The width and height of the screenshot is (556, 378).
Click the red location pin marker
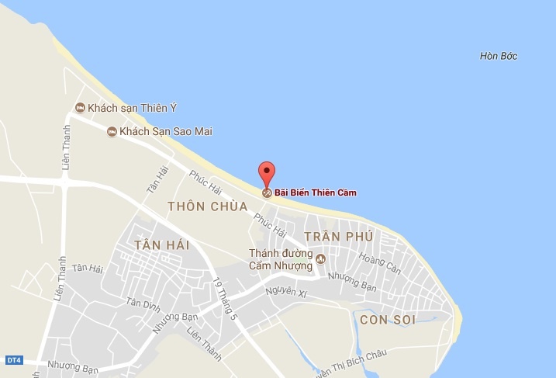[x=266, y=172]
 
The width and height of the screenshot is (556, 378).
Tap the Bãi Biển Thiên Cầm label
[x=316, y=192]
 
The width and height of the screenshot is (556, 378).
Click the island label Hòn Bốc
[x=499, y=56]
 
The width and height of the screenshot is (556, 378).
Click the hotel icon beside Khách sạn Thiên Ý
[x=79, y=107]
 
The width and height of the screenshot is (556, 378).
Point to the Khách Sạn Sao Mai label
[x=166, y=132]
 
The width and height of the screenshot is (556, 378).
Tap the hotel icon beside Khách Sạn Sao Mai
[x=112, y=132]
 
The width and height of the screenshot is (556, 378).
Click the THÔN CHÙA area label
[x=207, y=206]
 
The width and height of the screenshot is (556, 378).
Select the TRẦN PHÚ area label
[x=339, y=236]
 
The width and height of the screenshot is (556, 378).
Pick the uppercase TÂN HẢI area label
[x=162, y=245]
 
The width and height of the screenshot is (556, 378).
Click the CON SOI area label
[x=389, y=320]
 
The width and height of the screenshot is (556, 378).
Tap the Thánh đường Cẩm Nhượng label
[x=280, y=258]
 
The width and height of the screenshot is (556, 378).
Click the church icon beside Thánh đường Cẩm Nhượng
[x=321, y=258]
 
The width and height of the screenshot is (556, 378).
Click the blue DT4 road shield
[x=13, y=359]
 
